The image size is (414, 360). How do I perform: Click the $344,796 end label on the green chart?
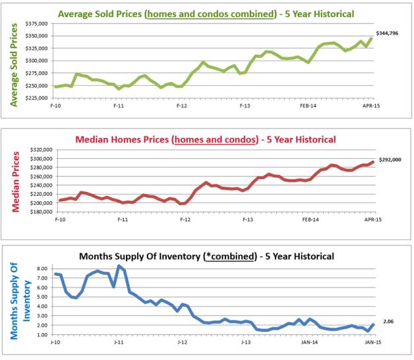pos(388,32)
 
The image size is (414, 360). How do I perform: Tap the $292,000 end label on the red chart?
pos(388,159)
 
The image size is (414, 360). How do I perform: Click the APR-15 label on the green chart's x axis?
pos(372,105)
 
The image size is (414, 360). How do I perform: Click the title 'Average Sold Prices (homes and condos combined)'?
pos(206,13)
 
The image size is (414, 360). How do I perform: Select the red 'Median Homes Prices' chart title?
pos(206,139)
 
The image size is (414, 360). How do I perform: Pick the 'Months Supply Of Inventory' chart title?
pos(206,256)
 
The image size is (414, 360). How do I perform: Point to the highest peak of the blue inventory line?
pos(119,266)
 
